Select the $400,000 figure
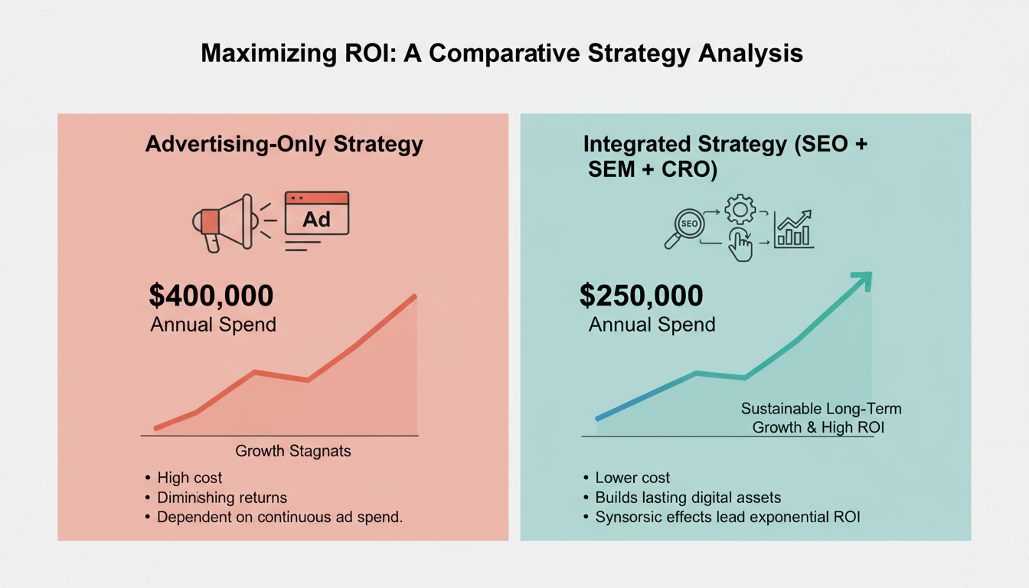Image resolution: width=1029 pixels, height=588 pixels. [211, 296]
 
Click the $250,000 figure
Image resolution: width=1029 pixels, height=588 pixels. [641, 296]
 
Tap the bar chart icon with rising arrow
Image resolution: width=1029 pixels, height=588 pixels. [794, 228]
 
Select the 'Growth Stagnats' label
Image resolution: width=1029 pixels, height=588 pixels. [293, 451]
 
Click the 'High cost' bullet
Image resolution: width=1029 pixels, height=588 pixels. [189, 478]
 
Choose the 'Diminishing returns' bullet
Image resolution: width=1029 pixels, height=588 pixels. [222, 498]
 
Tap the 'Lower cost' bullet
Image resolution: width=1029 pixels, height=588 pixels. [632, 478]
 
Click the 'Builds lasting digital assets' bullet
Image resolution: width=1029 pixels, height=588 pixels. [688, 498]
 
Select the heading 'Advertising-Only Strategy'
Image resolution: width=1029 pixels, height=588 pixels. [284, 145]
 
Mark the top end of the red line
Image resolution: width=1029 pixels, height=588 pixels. [415, 296]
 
